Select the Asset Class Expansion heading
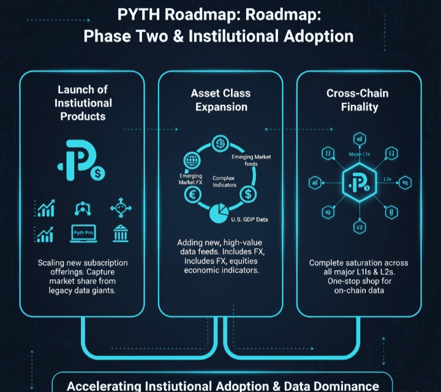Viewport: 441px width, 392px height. [x=219, y=100]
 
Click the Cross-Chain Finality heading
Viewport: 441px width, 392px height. [x=356, y=100]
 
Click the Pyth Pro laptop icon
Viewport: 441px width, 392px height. [x=83, y=234]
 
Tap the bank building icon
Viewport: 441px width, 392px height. [x=120, y=234]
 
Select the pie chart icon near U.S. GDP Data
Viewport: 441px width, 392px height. [x=219, y=215]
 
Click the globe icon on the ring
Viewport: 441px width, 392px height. [x=192, y=162]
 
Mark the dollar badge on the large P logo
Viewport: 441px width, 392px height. [x=97, y=174]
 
